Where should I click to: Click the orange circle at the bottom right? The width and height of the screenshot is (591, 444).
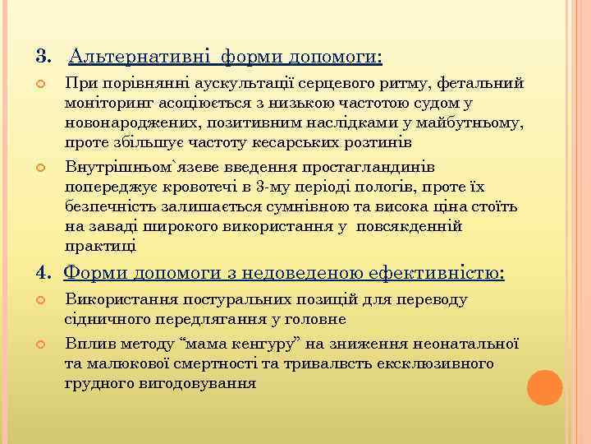(544, 387)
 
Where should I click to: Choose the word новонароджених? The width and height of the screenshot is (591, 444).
(126, 123)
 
